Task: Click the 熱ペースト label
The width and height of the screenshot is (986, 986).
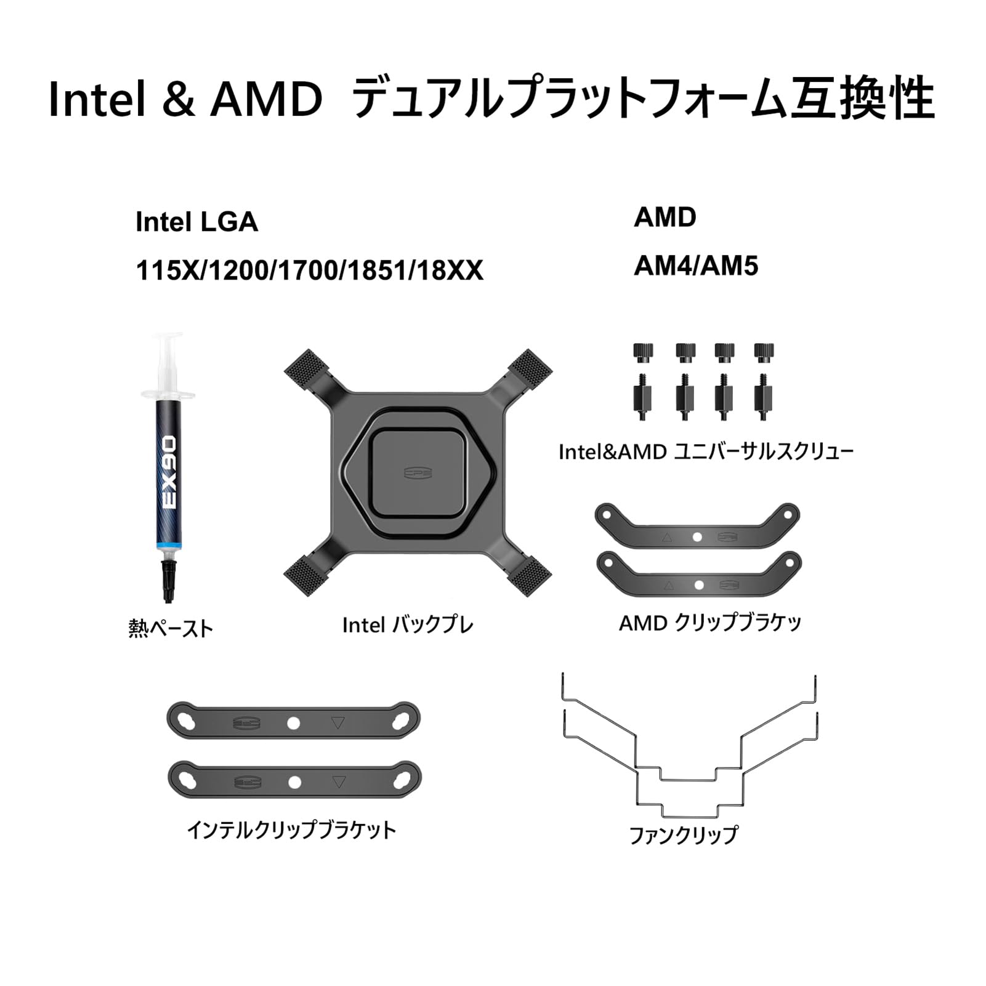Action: click(x=171, y=628)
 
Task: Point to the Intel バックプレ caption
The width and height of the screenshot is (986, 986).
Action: click(x=408, y=625)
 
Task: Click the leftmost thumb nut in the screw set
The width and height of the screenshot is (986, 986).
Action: click(x=643, y=352)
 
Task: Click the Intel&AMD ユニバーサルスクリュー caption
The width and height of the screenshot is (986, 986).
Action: click(x=706, y=453)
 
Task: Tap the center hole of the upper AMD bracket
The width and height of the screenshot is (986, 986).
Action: click(x=697, y=537)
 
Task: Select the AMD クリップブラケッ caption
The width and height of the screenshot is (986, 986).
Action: click(x=710, y=623)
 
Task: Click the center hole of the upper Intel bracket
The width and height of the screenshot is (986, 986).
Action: click(x=294, y=722)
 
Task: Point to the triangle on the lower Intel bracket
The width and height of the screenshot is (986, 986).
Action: click(x=337, y=783)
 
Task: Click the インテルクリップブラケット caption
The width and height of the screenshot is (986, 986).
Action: click(x=292, y=831)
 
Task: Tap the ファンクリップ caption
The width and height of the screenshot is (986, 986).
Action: click(x=682, y=835)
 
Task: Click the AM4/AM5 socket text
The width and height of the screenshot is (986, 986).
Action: click(x=696, y=266)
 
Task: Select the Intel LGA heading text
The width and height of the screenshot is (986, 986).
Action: click(x=196, y=222)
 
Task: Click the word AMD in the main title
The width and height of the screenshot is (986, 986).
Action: click(x=266, y=99)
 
